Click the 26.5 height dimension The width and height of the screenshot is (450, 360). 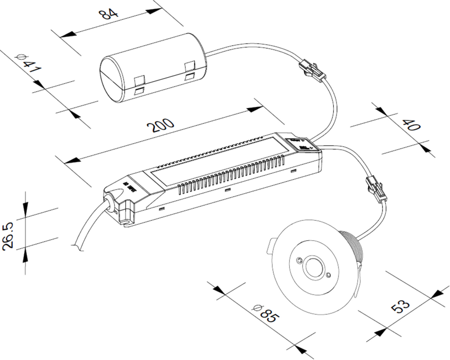pos(9,236)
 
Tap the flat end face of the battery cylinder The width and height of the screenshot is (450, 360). pos(112,79)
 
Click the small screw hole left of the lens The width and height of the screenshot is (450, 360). pos(299,261)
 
